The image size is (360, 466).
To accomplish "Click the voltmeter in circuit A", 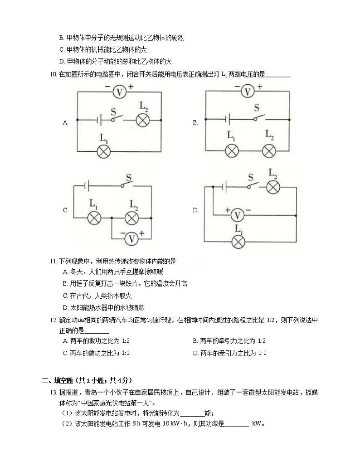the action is point(119,92).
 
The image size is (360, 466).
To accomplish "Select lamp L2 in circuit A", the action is point(143,120).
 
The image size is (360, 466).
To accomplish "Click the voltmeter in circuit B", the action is point(247,92).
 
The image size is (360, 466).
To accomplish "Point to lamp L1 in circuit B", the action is point(232,151).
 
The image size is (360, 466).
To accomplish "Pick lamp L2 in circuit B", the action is point(269,151).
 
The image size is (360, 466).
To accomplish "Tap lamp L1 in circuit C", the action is point(94,218).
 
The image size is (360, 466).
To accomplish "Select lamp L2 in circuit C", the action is point(131,218).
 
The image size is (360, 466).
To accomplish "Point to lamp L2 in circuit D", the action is point(272,186).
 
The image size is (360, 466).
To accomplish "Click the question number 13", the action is point(53,392).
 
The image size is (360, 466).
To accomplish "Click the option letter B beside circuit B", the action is point(195,122).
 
